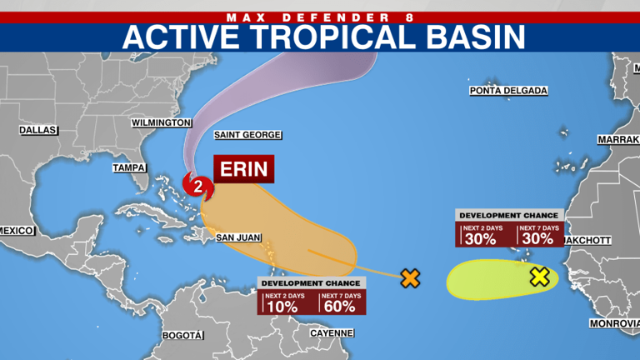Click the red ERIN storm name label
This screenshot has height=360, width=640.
coord(243,170)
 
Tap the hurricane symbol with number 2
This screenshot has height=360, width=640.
coord(197,185)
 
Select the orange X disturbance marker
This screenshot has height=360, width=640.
coord(409,278)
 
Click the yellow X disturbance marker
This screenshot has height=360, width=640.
coord(539,277)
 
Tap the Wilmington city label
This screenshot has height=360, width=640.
coord(162,122)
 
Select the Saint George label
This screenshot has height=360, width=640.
coord(247,135)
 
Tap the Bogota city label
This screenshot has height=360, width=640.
coord(182,335)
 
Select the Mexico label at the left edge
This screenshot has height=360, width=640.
coord(15,230)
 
